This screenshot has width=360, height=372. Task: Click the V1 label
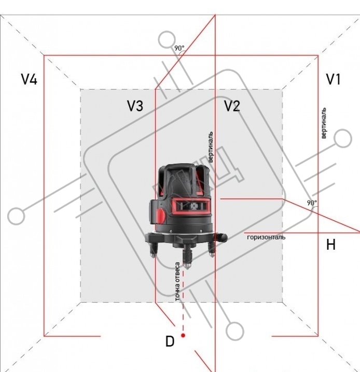(x=334, y=79)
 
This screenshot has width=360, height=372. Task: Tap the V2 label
(x=232, y=106)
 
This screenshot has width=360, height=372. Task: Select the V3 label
(x=135, y=106)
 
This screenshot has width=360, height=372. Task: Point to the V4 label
(x=29, y=79)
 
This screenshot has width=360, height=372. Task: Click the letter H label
(x=331, y=245)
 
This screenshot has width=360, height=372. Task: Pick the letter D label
(x=170, y=341)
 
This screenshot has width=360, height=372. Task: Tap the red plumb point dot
(x=183, y=335)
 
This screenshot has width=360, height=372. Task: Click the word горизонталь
(x=266, y=237)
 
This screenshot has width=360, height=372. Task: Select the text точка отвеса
(x=177, y=282)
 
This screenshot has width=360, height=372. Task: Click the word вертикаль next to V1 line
(x=324, y=123)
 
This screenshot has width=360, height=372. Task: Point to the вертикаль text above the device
(x=211, y=147)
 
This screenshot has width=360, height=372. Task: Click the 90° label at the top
(x=179, y=48)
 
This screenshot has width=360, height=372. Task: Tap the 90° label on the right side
(x=312, y=203)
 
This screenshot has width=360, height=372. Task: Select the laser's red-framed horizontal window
(x=191, y=206)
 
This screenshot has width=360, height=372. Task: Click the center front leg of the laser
(x=187, y=256)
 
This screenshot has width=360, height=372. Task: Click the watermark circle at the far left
(x=16, y=216)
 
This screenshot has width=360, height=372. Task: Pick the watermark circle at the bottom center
(x=235, y=331)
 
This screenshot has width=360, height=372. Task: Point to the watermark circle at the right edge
(x=343, y=138)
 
